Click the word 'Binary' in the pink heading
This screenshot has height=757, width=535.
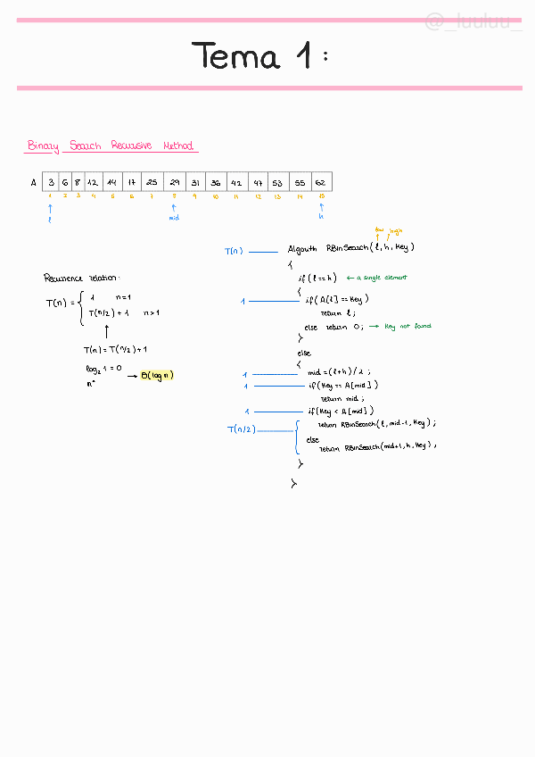(x=43, y=146)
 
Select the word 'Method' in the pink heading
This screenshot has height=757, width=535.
(x=177, y=146)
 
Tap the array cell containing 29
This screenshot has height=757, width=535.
(x=174, y=182)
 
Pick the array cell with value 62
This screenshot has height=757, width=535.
(x=320, y=182)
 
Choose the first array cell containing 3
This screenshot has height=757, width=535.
(x=51, y=182)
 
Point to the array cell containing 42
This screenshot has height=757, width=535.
(x=236, y=182)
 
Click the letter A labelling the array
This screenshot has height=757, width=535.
(x=34, y=183)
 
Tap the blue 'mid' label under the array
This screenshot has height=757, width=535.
(x=174, y=217)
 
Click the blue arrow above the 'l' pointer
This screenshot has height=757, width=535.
(x=50, y=209)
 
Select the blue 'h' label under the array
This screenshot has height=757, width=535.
(x=321, y=217)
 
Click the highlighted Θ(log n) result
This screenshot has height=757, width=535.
(x=158, y=375)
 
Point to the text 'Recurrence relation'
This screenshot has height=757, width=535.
(x=81, y=278)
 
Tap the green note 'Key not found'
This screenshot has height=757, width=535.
(x=407, y=327)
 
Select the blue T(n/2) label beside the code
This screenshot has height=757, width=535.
(x=242, y=429)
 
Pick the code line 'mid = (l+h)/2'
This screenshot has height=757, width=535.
(x=339, y=371)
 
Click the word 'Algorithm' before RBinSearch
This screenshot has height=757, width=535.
(x=303, y=247)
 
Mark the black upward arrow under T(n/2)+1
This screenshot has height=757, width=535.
(x=107, y=333)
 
